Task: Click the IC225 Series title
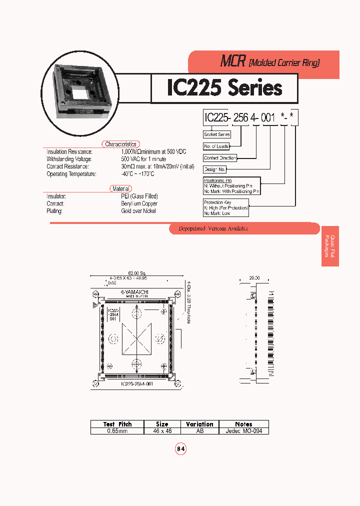tap(224, 88)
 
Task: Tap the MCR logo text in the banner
tap(233, 62)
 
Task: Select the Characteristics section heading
tap(120, 144)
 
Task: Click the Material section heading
tap(120, 188)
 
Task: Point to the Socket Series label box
tap(217, 134)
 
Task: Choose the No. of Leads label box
tap(216, 146)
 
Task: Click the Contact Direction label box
tap(220, 158)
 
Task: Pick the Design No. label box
tap(215, 169)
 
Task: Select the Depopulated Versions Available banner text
tap(213, 228)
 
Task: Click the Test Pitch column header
tap(117, 424)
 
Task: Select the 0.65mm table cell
tap(117, 430)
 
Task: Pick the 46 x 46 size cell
tap(162, 430)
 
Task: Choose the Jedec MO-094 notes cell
tap(244, 430)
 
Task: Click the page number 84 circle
tap(180, 449)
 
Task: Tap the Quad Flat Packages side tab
tap(330, 246)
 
